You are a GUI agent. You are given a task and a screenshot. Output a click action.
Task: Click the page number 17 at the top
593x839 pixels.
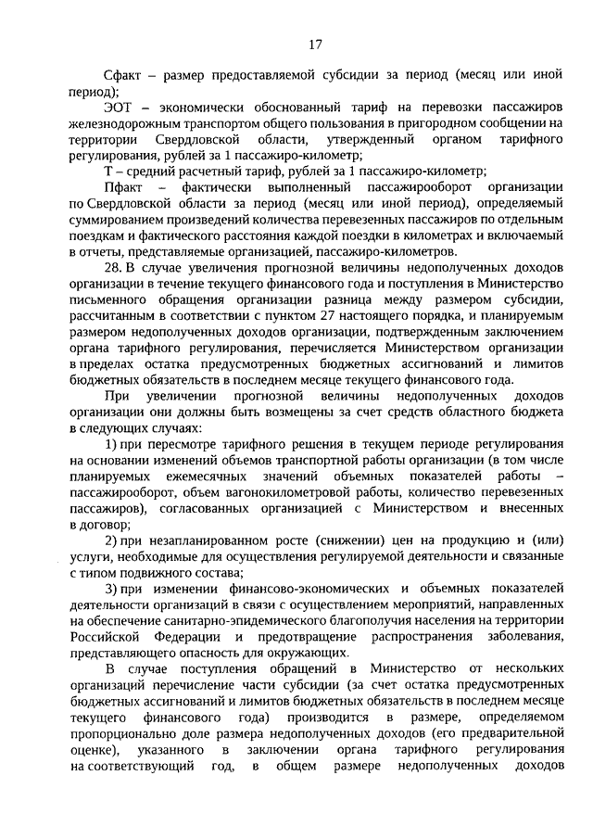coord(315,44)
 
